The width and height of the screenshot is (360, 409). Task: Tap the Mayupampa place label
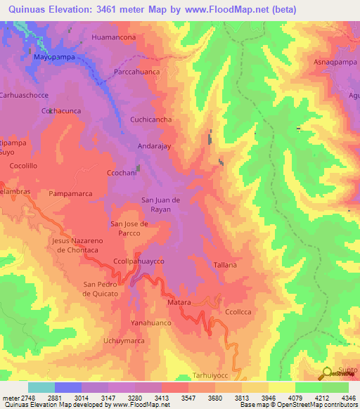[53, 58]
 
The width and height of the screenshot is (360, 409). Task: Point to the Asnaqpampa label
[335, 62]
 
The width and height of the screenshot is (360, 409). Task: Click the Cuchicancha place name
[150, 119]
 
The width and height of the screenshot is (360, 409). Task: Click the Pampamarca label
[71, 192]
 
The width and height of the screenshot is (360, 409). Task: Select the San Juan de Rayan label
[161, 204]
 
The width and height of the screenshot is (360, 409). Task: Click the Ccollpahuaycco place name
[139, 261]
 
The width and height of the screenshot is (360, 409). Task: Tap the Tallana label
[224, 264]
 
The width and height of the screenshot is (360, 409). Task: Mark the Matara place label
[179, 301]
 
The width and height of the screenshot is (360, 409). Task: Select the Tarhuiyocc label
[212, 376]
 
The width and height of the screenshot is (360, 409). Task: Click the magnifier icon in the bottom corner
[327, 372]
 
